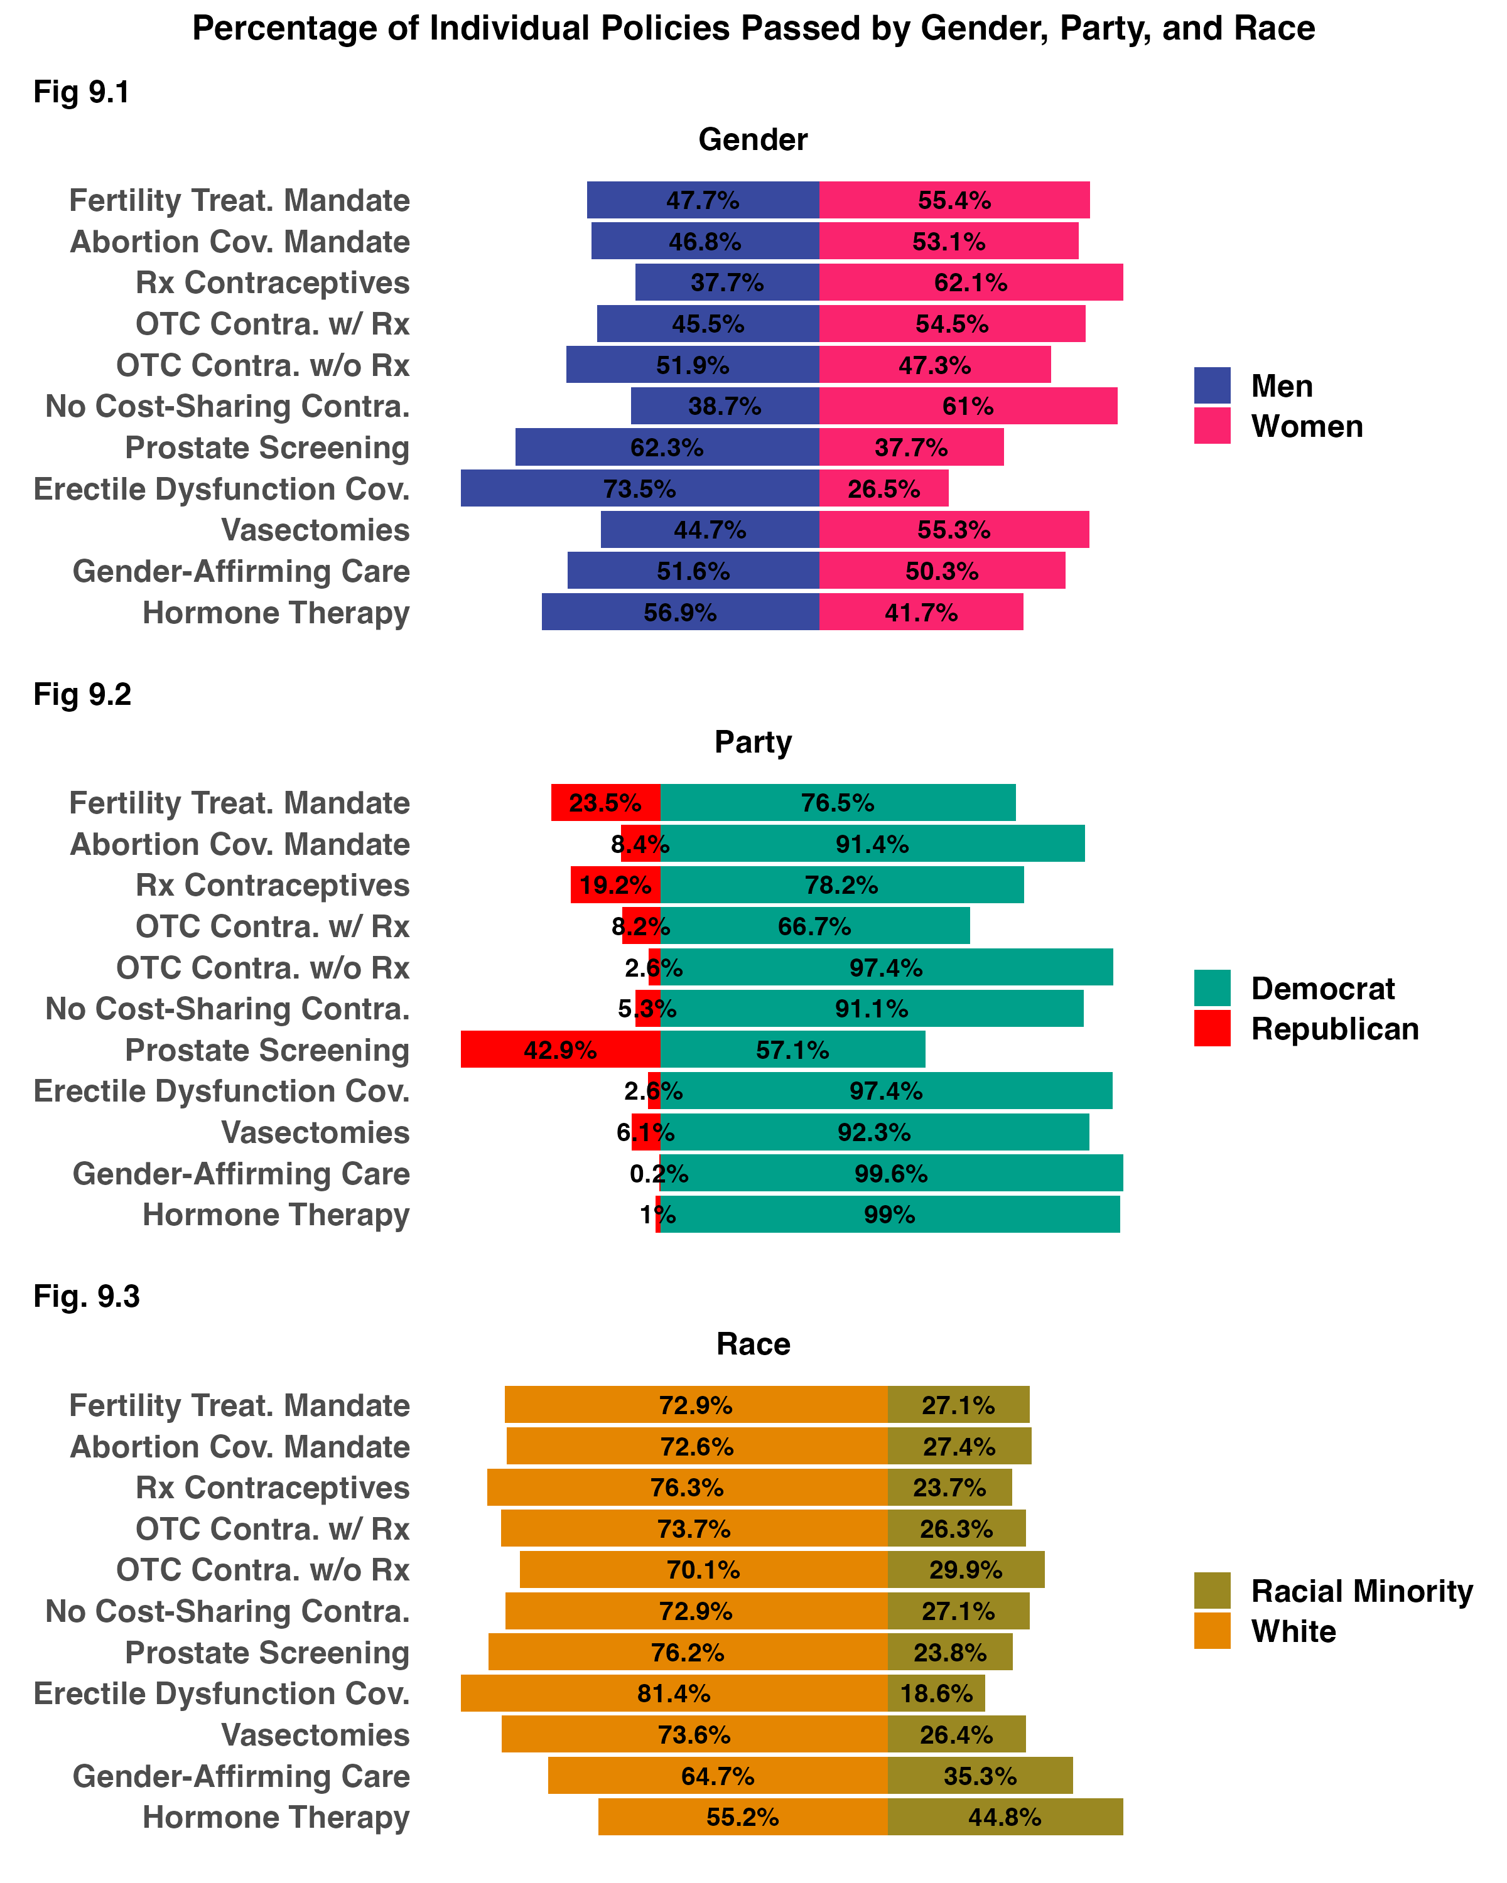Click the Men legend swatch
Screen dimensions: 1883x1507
[x=1212, y=385]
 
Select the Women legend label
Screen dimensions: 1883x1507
[x=1306, y=426]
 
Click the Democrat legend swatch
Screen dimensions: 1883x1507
[x=1212, y=988]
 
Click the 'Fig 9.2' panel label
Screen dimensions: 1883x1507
[x=82, y=694]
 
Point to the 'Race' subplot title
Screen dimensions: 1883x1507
[x=753, y=1343]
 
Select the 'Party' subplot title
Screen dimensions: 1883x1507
[x=753, y=741]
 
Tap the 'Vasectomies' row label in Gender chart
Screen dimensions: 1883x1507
[x=315, y=530]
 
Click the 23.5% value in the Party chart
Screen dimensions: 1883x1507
[x=605, y=803]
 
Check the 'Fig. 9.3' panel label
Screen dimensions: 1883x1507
[x=87, y=1296]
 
